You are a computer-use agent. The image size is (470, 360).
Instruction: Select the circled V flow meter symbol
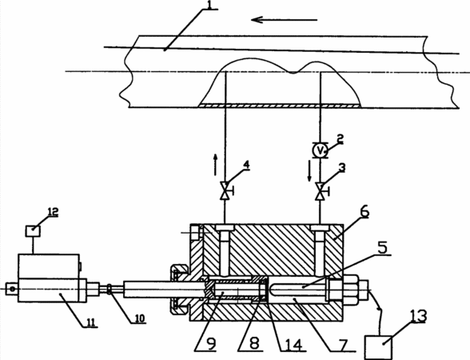(x=320, y=150)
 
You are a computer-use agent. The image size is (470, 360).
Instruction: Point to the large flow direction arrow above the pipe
(x=285, y=20)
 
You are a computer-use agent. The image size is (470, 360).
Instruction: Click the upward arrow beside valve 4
(x=215, y=165)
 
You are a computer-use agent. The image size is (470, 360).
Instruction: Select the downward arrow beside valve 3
(x=309, y=171)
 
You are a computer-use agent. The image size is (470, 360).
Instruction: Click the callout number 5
(x=382, y=247)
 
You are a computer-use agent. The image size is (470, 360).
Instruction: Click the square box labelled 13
(x=379, y=347)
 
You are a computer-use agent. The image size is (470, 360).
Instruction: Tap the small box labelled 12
(x=33, y=230)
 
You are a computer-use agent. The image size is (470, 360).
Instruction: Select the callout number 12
(x=53, y=212)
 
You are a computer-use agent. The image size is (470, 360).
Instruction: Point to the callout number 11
(x=91, y=322)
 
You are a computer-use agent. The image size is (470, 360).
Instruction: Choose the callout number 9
(x=211, y=344)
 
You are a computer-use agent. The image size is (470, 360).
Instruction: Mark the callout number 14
(x=293, y=344)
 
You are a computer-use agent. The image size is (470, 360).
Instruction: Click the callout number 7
(x=342, y=344)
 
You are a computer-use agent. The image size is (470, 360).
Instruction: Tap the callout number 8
(x=254, y=344)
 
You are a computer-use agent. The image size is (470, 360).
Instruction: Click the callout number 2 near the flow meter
(x=340, y=138)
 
